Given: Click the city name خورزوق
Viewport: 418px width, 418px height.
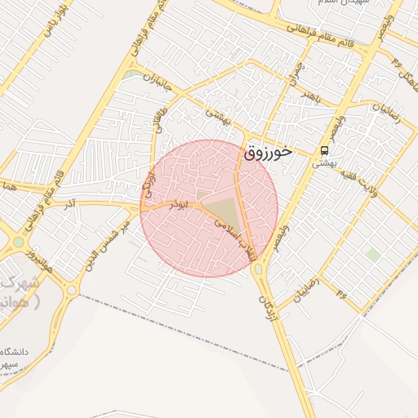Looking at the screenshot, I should coord(268,153).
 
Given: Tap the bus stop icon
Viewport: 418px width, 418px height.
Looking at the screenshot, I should coord(324,151).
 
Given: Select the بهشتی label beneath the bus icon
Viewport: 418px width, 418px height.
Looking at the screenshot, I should coord(324,163).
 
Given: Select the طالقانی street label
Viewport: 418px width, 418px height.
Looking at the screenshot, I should coord(156,123).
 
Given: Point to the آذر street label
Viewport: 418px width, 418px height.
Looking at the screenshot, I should coord(71,200).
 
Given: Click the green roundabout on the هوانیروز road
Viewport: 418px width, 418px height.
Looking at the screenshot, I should coord(18,242).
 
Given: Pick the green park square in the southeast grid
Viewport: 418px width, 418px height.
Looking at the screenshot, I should coord(372,255).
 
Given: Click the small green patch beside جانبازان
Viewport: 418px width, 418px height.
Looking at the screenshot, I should coord(131,74).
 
